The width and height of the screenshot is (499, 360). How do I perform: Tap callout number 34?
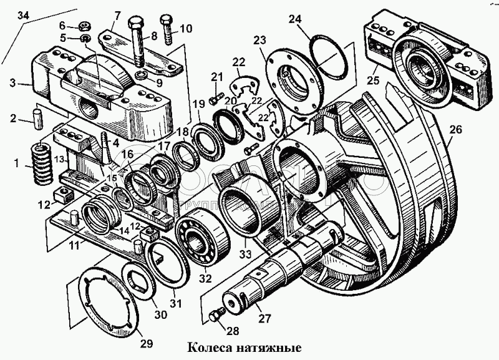(x=23, y=15)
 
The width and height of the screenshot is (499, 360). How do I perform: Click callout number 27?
(x=265, y=319)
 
